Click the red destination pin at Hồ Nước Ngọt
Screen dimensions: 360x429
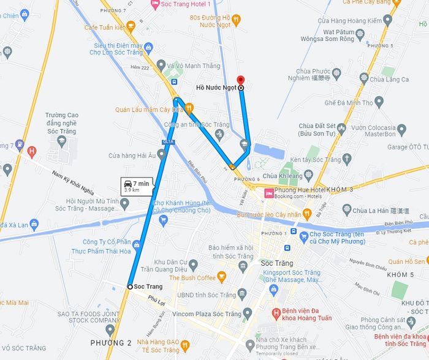tap(240, 81)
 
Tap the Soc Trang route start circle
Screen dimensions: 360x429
tap(130, 287)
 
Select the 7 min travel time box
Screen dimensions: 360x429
tap(135, 186)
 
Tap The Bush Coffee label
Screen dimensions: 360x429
tap(192, 277)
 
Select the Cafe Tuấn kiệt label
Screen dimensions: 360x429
tap(106, 28)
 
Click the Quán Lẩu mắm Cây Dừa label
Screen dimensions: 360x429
tap(149, 110)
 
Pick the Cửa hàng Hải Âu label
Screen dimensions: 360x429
tap(131, 156)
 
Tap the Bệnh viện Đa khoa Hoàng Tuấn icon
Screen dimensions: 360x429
tap(276, 315)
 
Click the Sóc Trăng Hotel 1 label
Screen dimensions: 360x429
tap(184, 4)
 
